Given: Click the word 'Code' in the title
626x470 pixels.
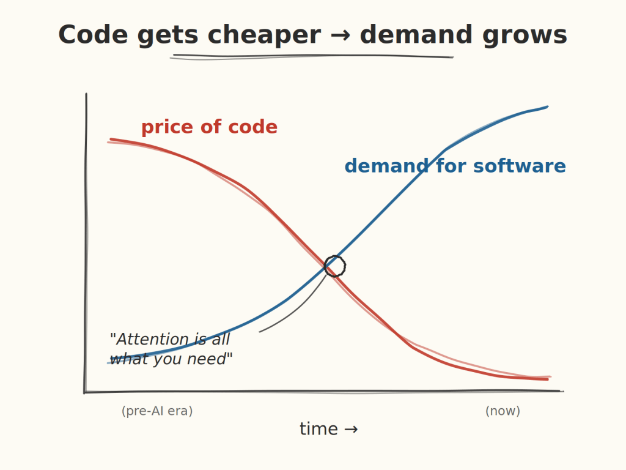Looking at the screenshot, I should (93, 35).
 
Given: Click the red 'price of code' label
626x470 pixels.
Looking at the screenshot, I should (209, 127).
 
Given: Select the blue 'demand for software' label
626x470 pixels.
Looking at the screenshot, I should (455, 166).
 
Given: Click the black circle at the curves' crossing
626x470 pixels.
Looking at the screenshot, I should (335, 266).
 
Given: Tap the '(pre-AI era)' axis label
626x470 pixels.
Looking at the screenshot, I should (157, 411).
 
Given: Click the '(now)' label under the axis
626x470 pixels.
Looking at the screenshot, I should (503, 411).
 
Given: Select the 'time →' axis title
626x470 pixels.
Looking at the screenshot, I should (328, 429).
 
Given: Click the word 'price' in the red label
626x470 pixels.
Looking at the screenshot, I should (166, 127).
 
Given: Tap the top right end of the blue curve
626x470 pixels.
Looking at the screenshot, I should (546, 107).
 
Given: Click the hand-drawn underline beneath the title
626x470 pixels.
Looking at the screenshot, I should (312, 56).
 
